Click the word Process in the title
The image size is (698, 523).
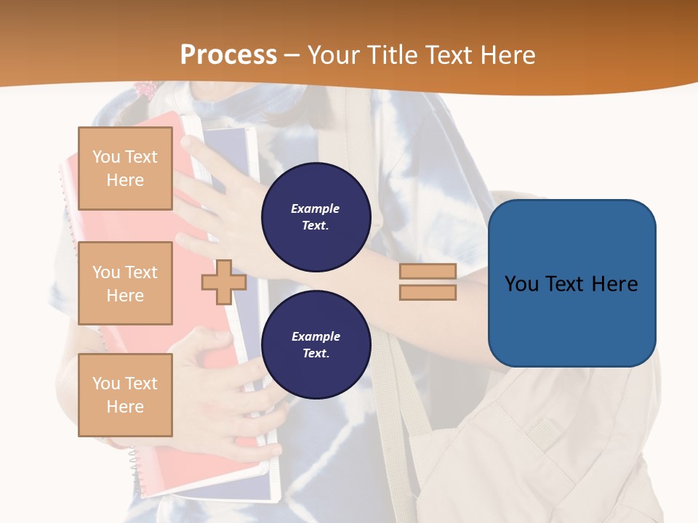pyautogui.click(x=228, y=55)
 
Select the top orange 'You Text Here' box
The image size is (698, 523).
pyautogui.click(x=125, y=169)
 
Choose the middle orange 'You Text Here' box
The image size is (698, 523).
pyautogui.click(x=125, y=283)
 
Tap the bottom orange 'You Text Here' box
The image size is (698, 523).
pyautogui.click(x=125, y=394)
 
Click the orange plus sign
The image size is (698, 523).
pyautogui.click(x=224, y=282)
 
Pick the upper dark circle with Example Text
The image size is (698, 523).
pyautogui.click(x=316, y=217)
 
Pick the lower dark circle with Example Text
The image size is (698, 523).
pyautogui.click(x=316, y=345)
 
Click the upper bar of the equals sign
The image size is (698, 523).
pyautogui.click(x=428, y=271)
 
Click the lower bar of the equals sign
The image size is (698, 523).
pyautogui.click(x=428, y=292)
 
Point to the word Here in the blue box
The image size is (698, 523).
pyautogui.click(x=614, y=284)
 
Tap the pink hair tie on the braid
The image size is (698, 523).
pyautogui.click(x=148, y=90)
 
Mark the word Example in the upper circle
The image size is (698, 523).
pyautogui.click(x=316, y=208)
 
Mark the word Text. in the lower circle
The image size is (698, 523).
pyautogui.click(x=316, y=354)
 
